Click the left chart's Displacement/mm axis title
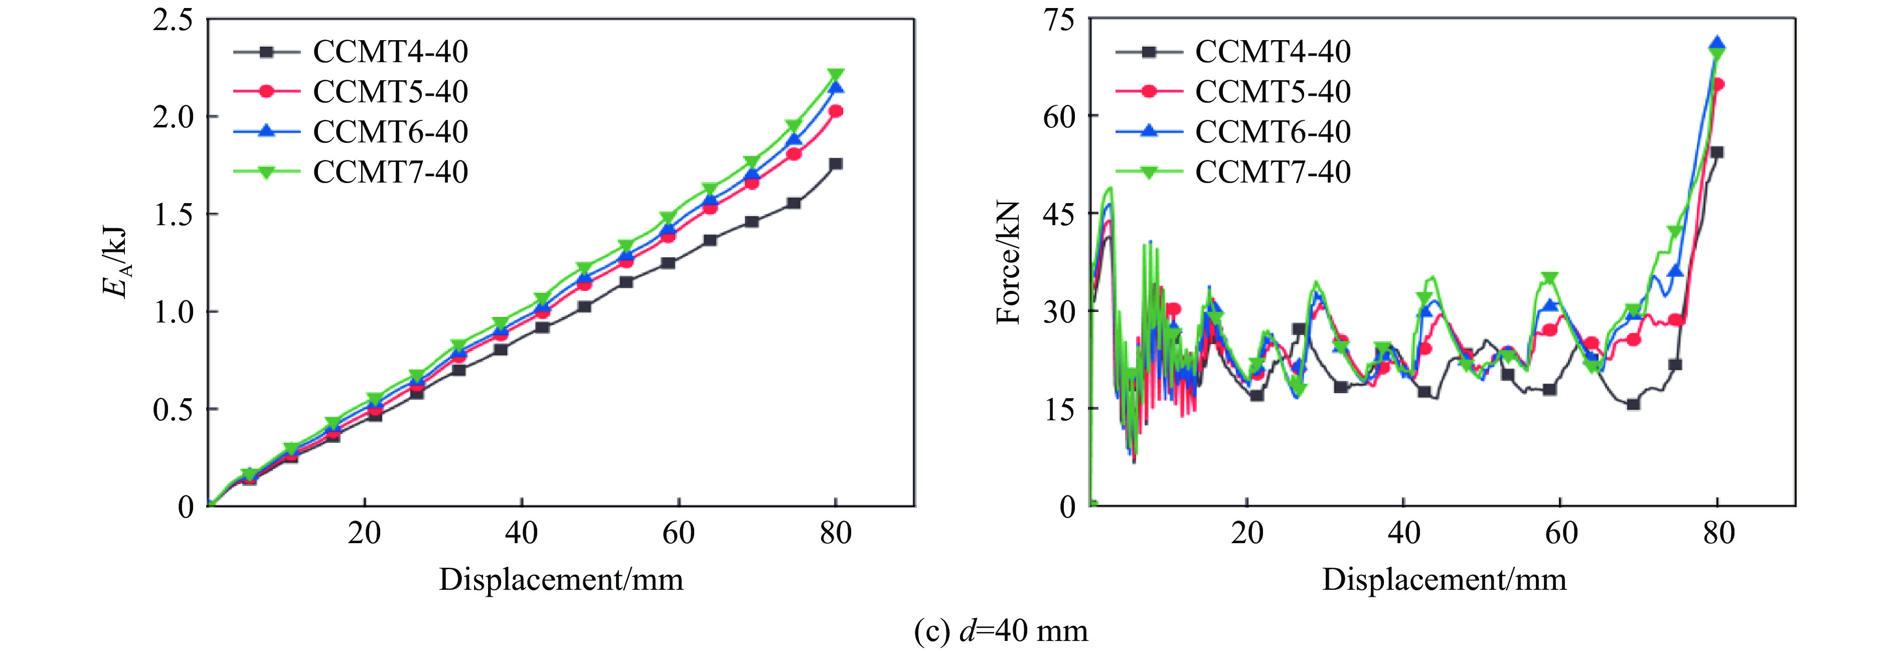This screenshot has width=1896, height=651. (x=561, y=580)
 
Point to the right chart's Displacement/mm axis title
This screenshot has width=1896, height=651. (x=1444, y=580)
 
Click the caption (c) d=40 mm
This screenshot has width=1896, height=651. (x=1000, y=631)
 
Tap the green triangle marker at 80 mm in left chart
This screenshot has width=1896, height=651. (x=835, y=75)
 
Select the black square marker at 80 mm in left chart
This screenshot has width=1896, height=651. (x=835, y=164)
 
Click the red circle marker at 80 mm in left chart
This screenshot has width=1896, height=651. (x=835, y=111)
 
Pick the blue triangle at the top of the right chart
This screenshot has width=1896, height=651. (x=1717, y=44)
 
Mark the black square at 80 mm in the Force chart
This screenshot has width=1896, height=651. (x=1717, y=152)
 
